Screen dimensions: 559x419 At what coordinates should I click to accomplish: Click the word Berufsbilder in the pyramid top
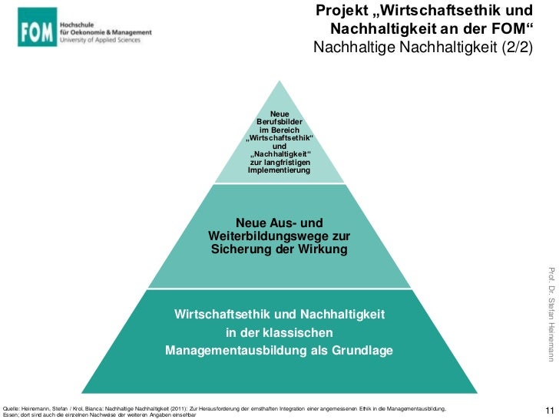click(279, 122)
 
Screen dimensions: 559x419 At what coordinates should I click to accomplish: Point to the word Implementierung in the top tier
click(279, 170)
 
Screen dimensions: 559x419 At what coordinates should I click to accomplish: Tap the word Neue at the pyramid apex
click(279, 114)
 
